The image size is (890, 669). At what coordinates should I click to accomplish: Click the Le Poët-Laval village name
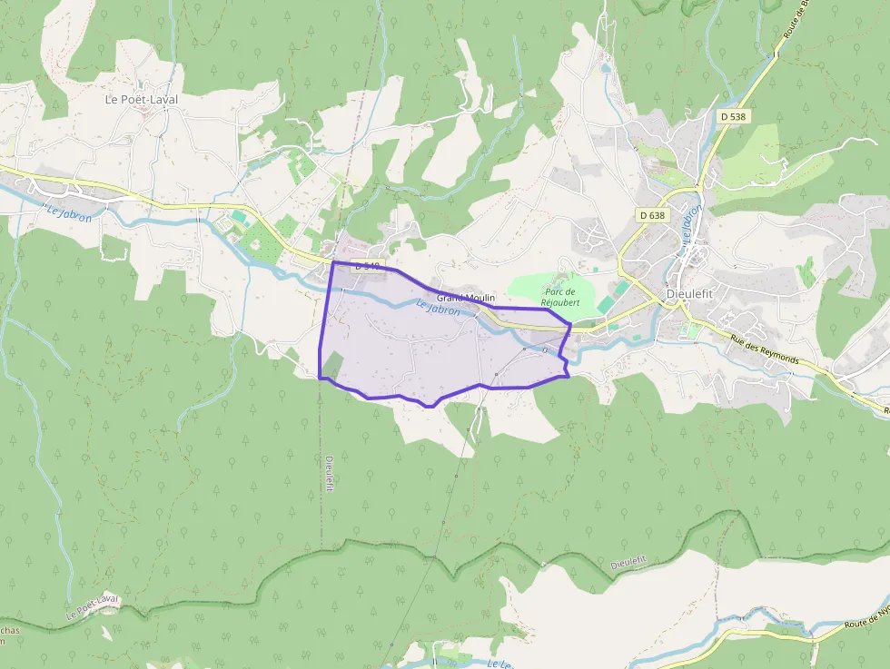coord(141,99)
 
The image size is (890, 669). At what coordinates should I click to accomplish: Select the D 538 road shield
coord(732,116)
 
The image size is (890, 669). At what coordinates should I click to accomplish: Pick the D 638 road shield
coord(652,215)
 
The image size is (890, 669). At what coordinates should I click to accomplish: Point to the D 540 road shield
coord(368,267)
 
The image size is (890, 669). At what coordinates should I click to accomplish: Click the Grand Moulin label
coord(465,298)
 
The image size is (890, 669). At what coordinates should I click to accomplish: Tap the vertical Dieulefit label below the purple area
coord(329,473)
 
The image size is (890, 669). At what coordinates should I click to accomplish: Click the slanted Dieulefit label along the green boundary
coord(630,562)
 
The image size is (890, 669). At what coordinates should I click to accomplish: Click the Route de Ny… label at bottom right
coord(866,619)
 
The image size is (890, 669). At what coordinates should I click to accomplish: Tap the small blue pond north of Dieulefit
coord(606,67)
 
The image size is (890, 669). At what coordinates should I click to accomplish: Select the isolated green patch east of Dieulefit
coord(806,271)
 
